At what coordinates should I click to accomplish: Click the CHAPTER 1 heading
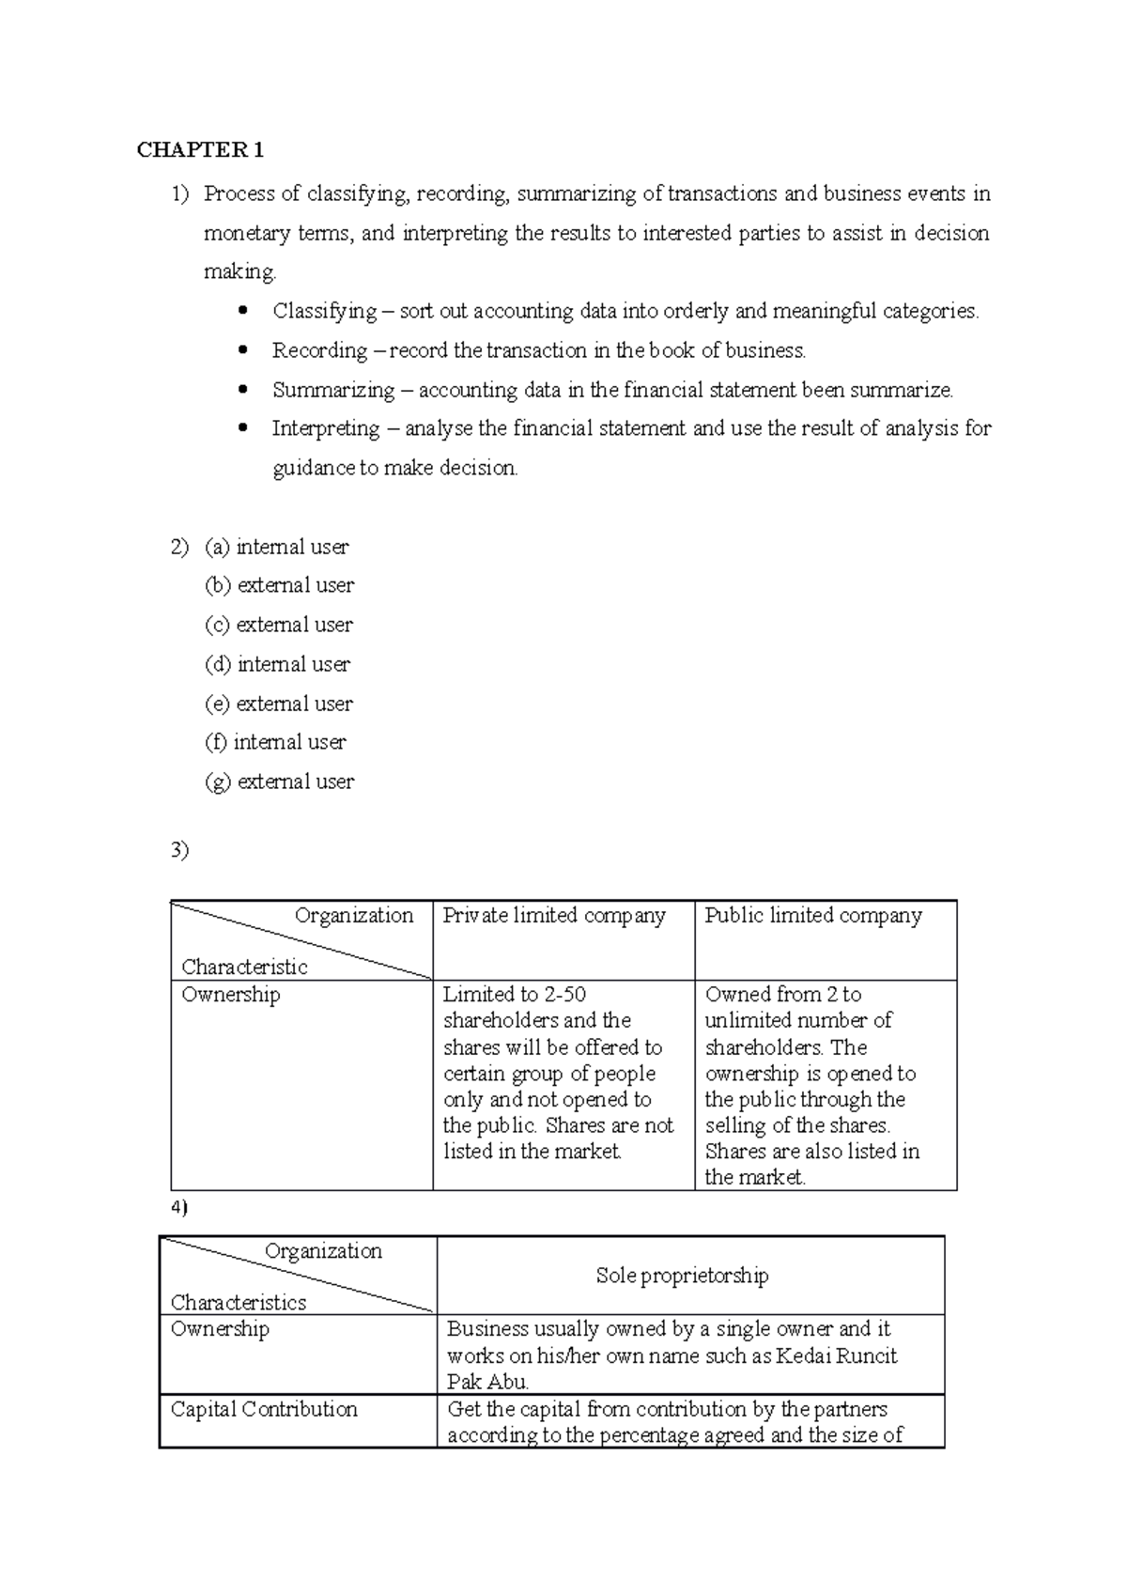(200, 150)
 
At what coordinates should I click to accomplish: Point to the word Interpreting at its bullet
(326, 428)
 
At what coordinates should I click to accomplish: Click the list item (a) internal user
(276, 547)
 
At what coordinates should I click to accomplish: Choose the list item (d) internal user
(277, 664)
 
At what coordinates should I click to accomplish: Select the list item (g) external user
(279, 782)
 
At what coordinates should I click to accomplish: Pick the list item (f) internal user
(275, 742)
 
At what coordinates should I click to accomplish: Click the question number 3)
(179, 850)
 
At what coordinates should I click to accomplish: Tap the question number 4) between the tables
(179, 1208)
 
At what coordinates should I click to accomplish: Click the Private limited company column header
(554, 916)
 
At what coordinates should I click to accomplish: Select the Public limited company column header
(813, 916)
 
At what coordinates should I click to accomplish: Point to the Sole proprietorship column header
(682, 1276)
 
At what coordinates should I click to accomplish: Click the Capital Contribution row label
(264, 1409)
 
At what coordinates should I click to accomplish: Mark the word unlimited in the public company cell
(748, 1021)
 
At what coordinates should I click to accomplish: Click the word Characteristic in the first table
(244, 968)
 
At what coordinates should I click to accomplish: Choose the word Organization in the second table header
(323, 1251)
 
